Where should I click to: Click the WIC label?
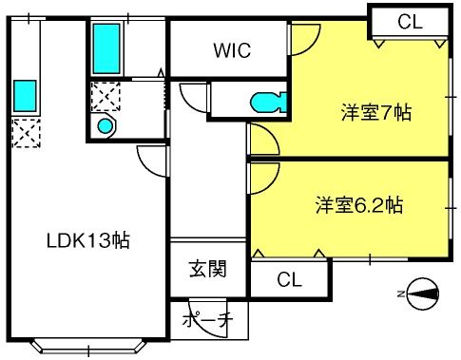pyautogui.click(x=232, y=50)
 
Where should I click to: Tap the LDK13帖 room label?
pyautogui.click(x=88, y=240)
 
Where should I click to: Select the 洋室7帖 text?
pyautogui.click(x=376, y=112)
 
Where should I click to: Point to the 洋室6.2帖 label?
pyautogui.click(x=359, y=205)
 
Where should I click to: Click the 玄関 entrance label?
pyautogui.click(x=208, y=269)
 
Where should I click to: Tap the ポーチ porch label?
pyautogui.click(x=207, y=320)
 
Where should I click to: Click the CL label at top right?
pyautogui.click(x=410, y=22)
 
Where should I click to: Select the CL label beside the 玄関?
pyautogui.click(x=289, y=279)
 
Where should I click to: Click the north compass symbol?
pyautogui.click(x=423, y=294)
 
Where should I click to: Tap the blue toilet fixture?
pyautogui.click(x=268, y=103)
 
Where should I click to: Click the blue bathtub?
pyautogui.click(x=106, y=48)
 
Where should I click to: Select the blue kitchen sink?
pyautogui.click(x=25, y=96)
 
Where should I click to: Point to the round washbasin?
pyautogui.click(x=105, y=126)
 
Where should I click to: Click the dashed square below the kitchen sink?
pyautogui.click(x=27, y=133)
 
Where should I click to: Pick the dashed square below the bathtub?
pyautogui.click(x=106, y=97)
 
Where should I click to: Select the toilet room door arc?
pyautogui.click(x=186, y=101)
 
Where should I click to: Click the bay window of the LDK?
pyautogui.click(x=88, y=348)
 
